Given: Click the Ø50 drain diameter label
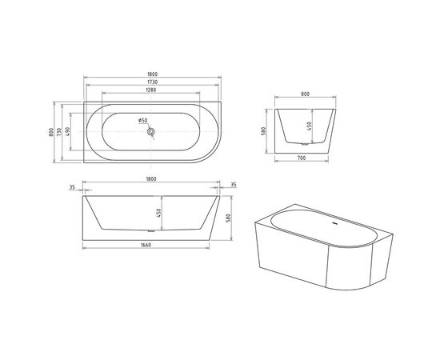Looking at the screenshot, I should point(142,121).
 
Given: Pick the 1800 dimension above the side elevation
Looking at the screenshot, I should point(151,179).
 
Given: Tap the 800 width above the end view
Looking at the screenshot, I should point(305,94).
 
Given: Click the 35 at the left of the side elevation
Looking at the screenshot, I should point(72,186).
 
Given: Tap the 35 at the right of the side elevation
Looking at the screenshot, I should point(233,186).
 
